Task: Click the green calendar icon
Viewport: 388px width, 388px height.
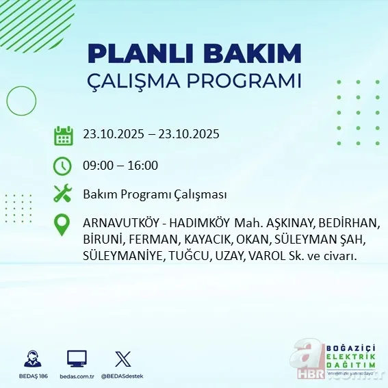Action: pos(63,135)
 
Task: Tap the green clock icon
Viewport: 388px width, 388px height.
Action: pos(63,166)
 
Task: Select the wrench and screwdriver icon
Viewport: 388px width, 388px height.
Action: pos(63,194)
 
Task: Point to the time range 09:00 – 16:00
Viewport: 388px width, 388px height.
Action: pos(120,166)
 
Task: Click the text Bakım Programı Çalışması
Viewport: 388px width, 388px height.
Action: pos(155,195)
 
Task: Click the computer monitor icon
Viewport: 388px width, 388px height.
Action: pos(77,359)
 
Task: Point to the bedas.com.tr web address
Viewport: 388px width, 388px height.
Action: pos(77,376)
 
